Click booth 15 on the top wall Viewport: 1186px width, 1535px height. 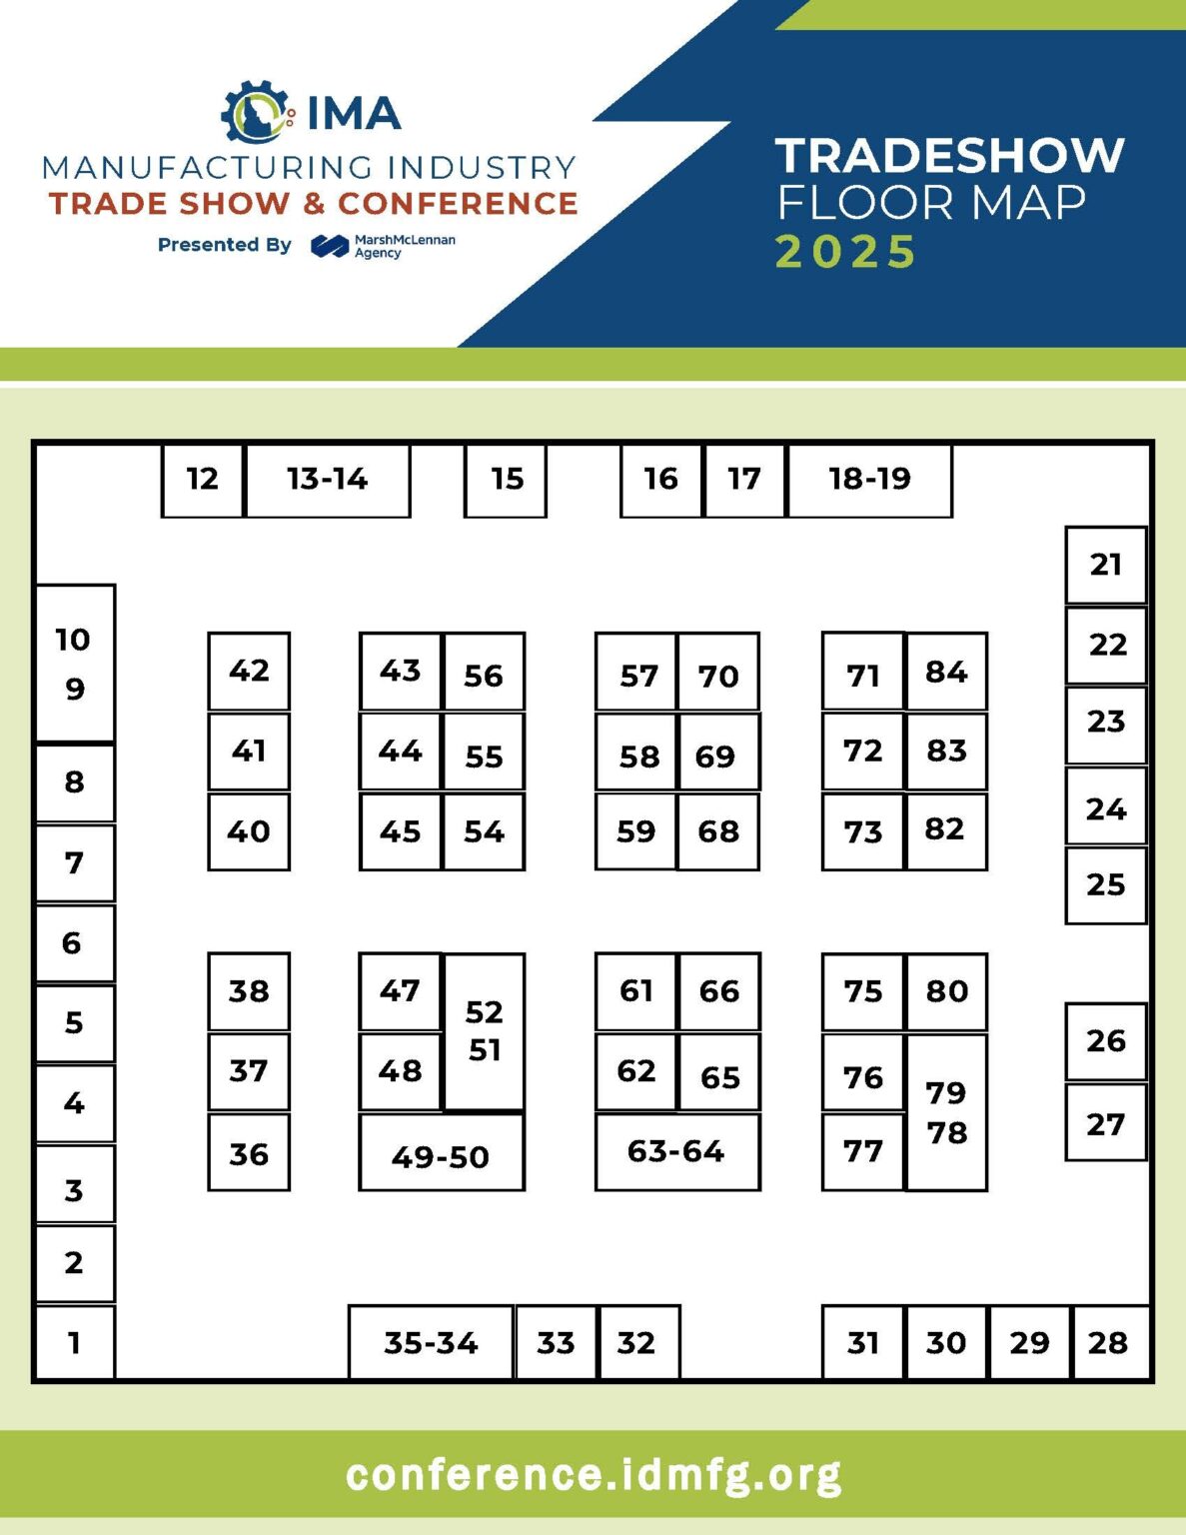(x=506, y=480)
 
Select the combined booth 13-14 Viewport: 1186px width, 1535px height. (x=328, y=480)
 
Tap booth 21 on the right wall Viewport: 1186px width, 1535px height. (x=1105, y=565)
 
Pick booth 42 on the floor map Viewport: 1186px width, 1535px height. (x=249, y=671)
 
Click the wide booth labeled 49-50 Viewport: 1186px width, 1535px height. (x=441, y=1154)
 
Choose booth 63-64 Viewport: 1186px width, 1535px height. (x=676, y=1151)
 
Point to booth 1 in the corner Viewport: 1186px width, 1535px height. (x=75, y=1342)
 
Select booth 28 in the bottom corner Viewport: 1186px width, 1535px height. (x=1109, y=1342)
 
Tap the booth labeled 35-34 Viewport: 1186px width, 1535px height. (x=431, y=1342)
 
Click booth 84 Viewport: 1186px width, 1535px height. (x=946, y=671)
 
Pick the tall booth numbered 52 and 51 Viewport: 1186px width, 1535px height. (x=485, y=1031)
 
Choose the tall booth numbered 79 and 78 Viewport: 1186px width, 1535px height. (x=946, y=1111)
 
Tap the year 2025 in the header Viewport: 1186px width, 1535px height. (x=845, y=251)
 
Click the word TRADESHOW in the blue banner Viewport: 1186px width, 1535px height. (x=949, y=155)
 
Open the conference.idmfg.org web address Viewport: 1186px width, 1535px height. (x=593, y=1475)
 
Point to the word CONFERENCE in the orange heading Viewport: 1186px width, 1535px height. (x=458, y=204)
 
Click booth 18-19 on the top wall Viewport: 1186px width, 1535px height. (x=869, y=480)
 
